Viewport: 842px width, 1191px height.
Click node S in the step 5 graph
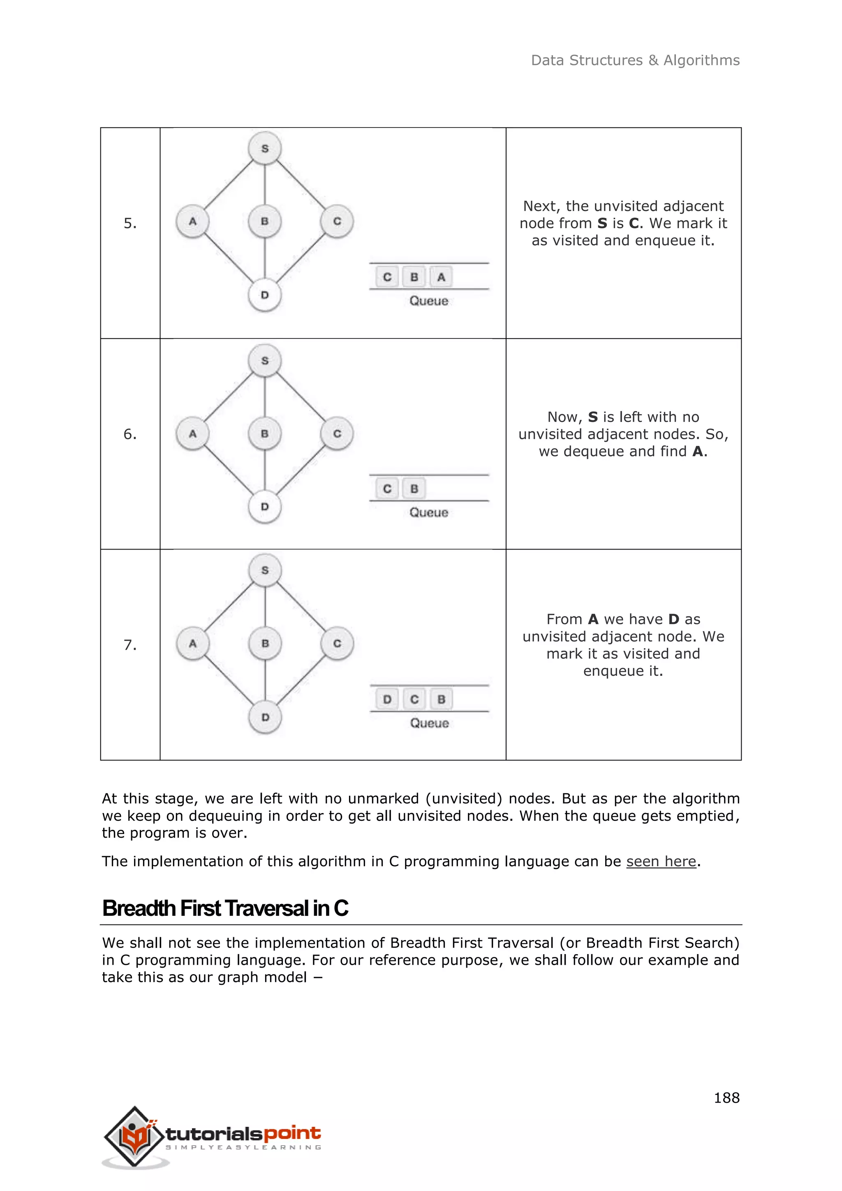tap(265, 148)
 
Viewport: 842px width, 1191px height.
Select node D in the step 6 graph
tap(265, 506)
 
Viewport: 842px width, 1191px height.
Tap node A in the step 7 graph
tap(193, 643)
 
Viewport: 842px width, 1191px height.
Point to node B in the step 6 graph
tap(265, 433)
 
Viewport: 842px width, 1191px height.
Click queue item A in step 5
tap(441, 277)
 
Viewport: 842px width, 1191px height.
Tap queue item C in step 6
tap(387, 489)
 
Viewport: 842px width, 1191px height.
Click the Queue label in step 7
tap(429, 723)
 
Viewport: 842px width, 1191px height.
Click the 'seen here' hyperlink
tap(661, 861)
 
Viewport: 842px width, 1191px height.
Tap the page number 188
tap(726, 1098)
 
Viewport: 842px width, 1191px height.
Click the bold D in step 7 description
tap(673, 619)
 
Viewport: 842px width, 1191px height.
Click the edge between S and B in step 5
tap(265, 185)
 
